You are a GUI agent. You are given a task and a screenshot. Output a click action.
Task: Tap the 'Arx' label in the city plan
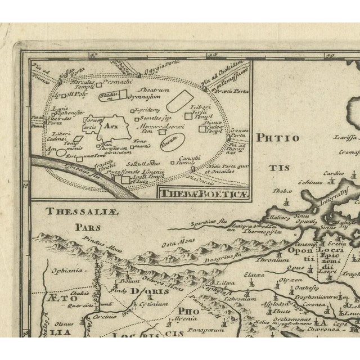click(115, 128)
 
